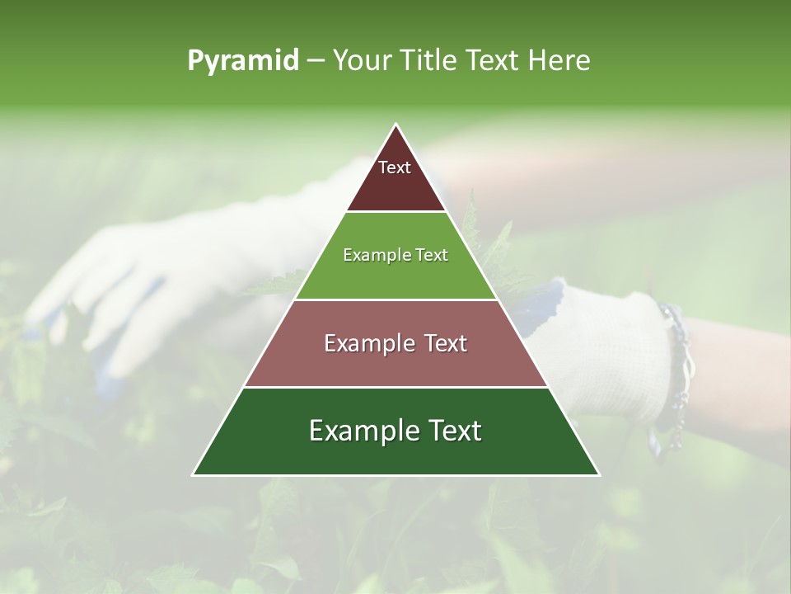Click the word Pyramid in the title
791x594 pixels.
243,61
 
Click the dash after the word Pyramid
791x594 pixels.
316,61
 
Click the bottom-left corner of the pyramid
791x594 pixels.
194,474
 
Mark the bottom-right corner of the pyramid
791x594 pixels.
598,474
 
